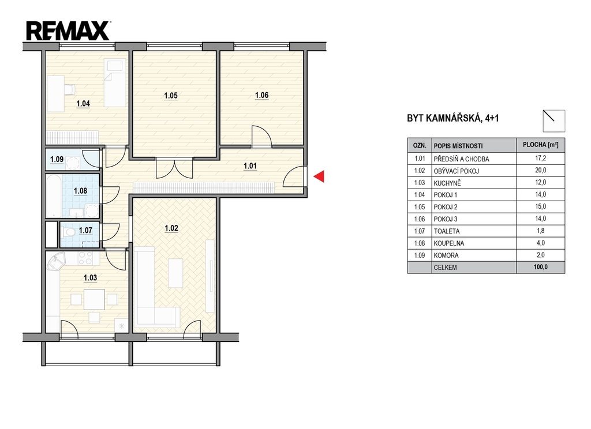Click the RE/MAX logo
coord(68,31)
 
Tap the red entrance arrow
coord(319,176)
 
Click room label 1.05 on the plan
coord(171,96)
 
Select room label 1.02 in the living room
coord(171,228)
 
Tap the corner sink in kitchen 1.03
coord(56,261)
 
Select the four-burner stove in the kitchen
coord(86,258)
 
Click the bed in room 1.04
coord(115,83)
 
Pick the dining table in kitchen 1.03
coord(94,299)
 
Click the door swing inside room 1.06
coord(261,136)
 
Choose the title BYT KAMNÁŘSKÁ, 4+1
coord(452,118)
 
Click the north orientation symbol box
coord(553,121)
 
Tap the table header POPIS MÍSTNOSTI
coord(458,146)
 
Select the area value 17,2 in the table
coord(540,158)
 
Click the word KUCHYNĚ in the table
coord(447,183)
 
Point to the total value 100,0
coord(540,267)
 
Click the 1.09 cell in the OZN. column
coord(420,255)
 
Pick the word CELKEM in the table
coord(445,268)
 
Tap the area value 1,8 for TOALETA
coord(540,231)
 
